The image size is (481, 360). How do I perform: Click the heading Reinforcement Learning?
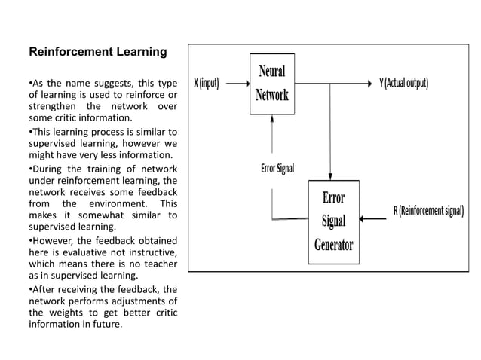(97, 53)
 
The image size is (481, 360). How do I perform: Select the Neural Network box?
(272, 84)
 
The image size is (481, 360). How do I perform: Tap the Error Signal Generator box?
(334, 222)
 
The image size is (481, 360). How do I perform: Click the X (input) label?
(207, 83)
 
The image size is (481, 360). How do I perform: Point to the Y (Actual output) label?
(403, 83)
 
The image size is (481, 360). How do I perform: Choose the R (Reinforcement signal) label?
(428, 209)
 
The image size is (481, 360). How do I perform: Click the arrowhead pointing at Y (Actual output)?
(369, 83)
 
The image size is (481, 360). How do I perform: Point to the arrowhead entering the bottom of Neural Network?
(272, 119)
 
